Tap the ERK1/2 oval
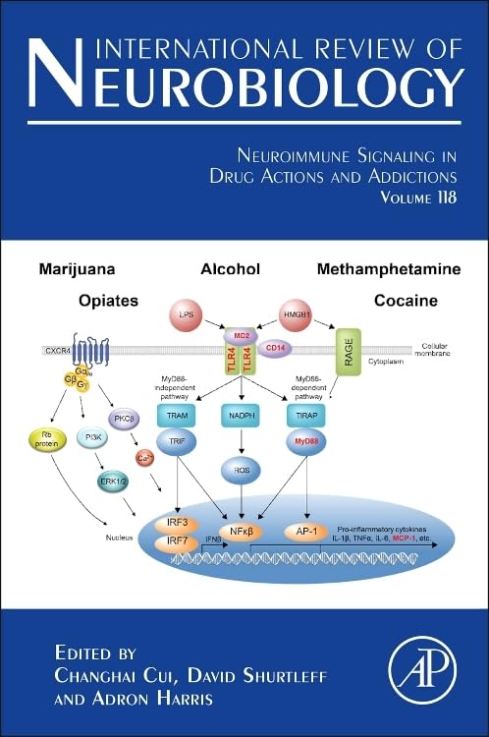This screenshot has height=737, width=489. click(115, 482)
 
